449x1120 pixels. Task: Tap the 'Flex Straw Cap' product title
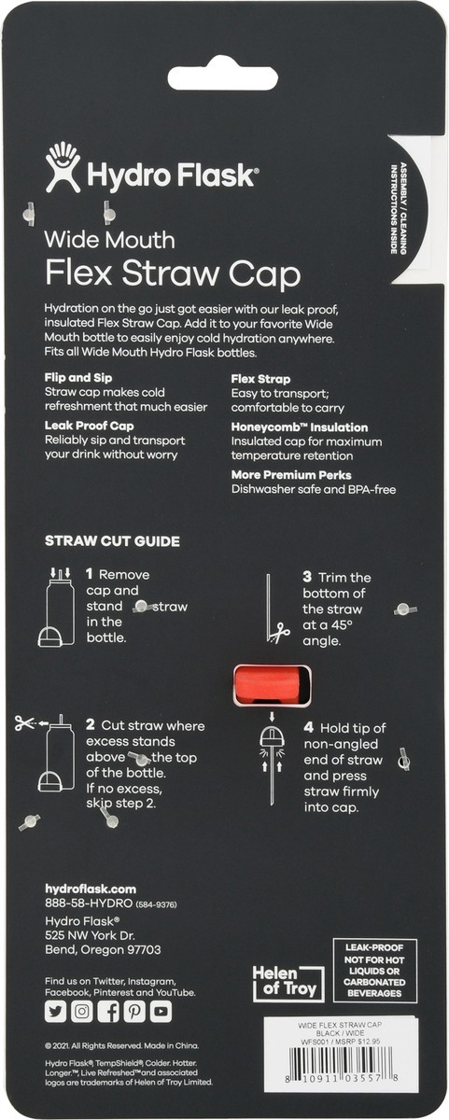coord(173,275)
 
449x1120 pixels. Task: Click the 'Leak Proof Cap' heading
coord(89,426)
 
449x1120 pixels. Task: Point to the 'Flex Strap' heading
coord(260,380)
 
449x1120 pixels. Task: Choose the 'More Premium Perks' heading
coord(290,474)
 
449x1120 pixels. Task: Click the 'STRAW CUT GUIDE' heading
coord(112,541)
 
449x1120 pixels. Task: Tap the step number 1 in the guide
coord(89,575)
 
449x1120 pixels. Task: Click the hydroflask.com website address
coord(91,889)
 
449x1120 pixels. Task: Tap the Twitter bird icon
coord(56,1011)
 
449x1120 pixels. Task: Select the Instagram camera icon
coord(82,1011)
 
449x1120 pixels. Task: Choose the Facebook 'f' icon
coord(108,1011)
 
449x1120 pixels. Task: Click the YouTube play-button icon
coord(161,1011)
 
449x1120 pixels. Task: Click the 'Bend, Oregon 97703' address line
coord(103,950)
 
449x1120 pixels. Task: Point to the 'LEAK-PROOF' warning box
coord(386,970)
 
